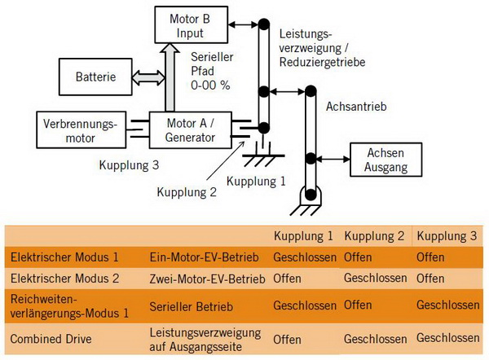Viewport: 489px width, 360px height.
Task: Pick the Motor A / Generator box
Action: [x=190, y=130]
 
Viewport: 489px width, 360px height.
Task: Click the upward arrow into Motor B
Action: [x=170, y=77]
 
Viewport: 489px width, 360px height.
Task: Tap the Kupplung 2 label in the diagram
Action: [x=187, y=192]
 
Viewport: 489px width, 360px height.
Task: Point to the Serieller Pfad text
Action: [x=211, y=71]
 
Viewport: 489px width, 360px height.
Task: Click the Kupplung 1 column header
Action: [x=303, y=236]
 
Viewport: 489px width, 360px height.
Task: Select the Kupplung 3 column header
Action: [x=447, y=236]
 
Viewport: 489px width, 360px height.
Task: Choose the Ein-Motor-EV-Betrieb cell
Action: [x=204, y=257]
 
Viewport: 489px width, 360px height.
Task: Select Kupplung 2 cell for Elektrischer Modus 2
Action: [x=375, y=278]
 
